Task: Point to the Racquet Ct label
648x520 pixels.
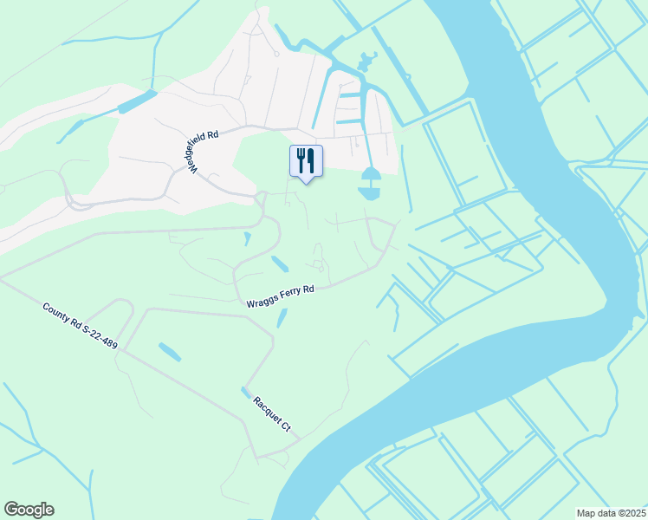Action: [x=274, y=414]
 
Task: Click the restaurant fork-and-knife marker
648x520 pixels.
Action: [x=306, y=161]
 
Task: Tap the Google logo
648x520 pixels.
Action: [x=29, y=510]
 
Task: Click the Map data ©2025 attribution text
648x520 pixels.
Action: [x=611, y=513]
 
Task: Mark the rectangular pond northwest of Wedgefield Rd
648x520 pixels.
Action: [x=136, y=101]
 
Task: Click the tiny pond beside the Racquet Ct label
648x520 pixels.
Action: [x=247, y=393]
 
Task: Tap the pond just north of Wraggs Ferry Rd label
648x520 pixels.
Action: [x=280, y=263]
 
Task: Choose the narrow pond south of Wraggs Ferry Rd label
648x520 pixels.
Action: [x=281, y=318]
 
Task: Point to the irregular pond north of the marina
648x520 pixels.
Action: [x=365, y=62]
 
